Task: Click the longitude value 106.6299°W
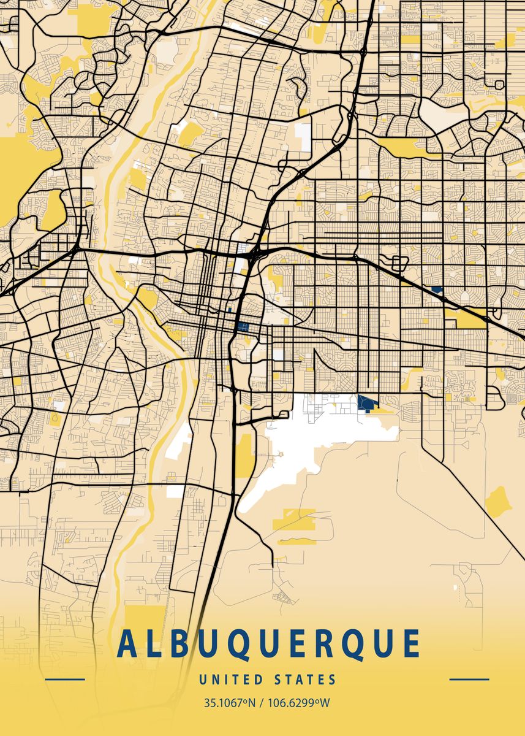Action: tap(298, 703)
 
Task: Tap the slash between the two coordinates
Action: tap(262, 703)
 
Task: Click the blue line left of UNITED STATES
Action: tap(65, 680)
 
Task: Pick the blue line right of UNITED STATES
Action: tap(469, 680)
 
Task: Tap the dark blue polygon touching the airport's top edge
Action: tap(367, 404)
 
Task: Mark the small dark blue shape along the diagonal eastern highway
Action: tap(436, 289)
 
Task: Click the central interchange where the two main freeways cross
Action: tap(252, 252)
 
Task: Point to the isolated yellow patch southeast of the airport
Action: tap(498, 501)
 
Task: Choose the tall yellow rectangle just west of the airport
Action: tap(246, 456)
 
